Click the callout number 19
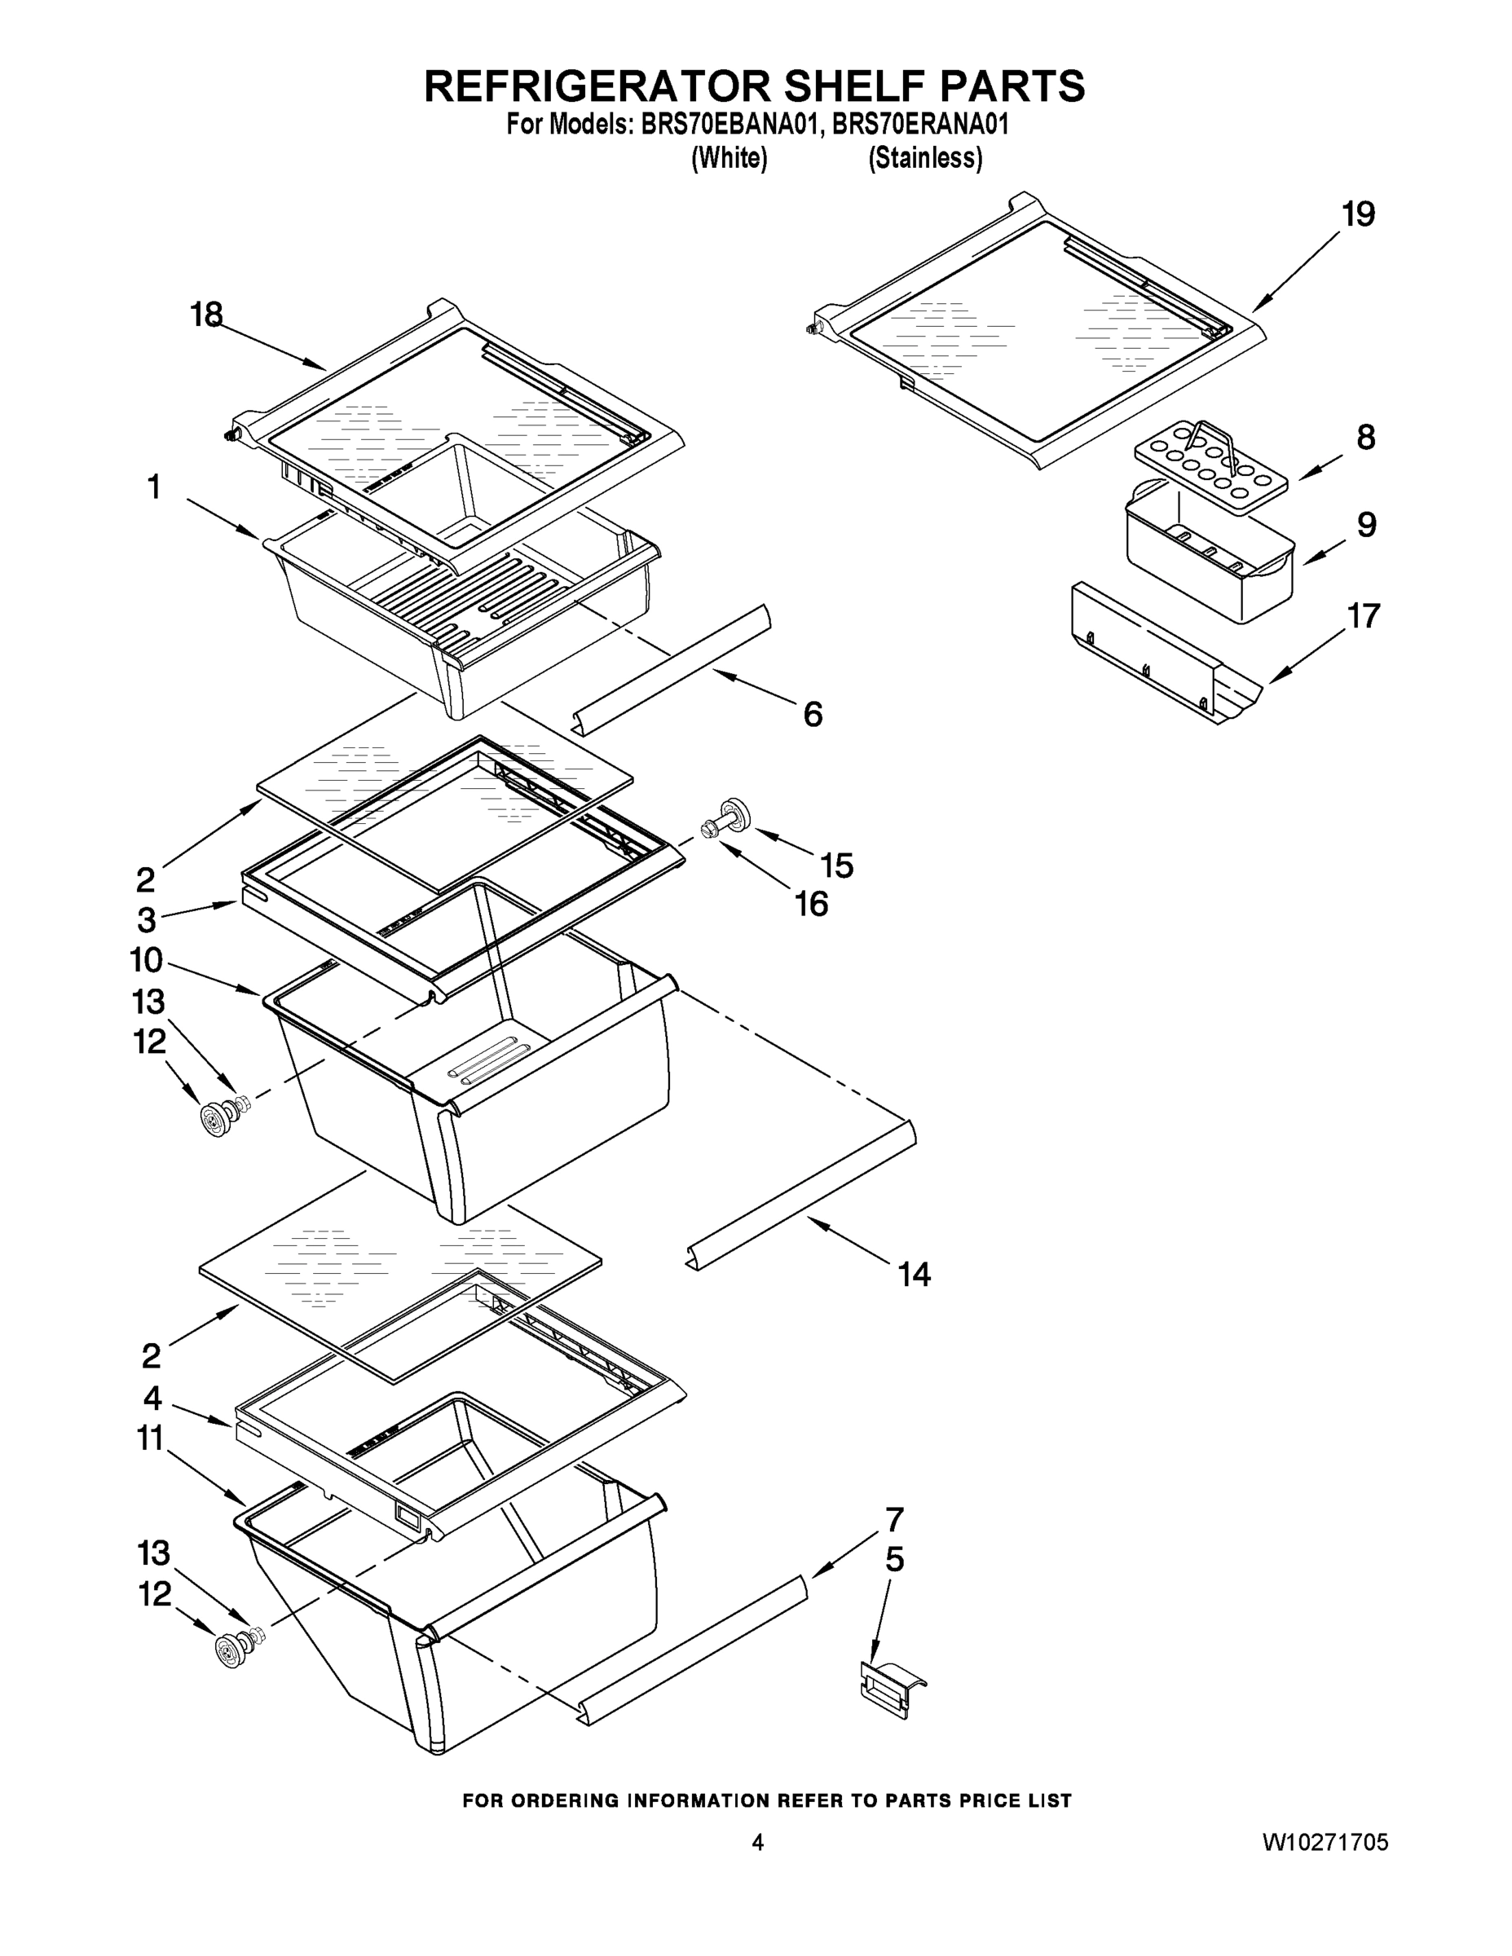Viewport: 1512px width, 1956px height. click(x=1358, y=215)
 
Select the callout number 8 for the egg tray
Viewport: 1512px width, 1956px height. click(x=1365, y=437)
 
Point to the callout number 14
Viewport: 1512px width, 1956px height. click(x=915, y=1274)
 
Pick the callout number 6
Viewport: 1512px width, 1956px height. click(x=813, y=715)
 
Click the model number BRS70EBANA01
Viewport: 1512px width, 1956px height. click(x=730, y=125)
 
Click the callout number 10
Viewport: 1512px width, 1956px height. click(x=146, y=960)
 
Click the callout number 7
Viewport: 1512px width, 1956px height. click(x=894, y=1520)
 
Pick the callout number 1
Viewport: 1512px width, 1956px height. click(x=154, y=487)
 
